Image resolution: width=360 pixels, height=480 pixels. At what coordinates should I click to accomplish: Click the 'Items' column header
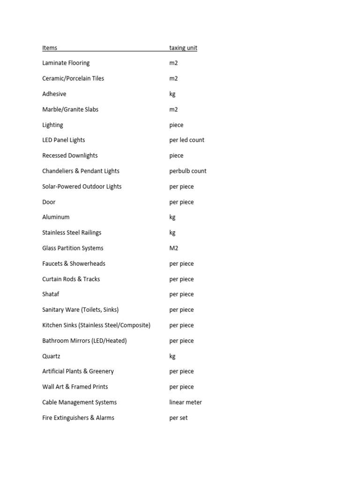[x=50, y=48]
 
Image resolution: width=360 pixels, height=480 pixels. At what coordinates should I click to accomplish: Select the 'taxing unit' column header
[x=183, y=48]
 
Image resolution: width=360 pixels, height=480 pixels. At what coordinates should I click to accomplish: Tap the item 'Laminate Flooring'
[x=66, y=63]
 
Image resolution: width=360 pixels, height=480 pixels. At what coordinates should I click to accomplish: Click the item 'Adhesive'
[x=54, y=94]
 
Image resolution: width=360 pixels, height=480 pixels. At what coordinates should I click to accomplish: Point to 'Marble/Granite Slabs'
[x=70, y=109]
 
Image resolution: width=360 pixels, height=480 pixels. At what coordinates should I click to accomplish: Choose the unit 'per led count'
[x=187, y=140]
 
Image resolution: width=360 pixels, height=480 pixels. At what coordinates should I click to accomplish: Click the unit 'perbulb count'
[x=187, y=171]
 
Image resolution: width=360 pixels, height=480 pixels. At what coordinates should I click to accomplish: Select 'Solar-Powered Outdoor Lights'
[x=82, y=187]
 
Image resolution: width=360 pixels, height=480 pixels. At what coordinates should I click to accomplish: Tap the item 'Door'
[x=49, y=202]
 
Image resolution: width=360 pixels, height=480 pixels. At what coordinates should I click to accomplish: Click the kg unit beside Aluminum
[x=172, y=217]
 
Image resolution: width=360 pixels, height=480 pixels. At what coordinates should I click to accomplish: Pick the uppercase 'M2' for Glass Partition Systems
[x=174, y=248]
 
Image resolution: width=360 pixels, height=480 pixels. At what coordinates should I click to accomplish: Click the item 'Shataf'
[x=51, y=294]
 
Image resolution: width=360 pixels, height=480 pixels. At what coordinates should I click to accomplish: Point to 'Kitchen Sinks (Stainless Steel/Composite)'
[x=96, y=325]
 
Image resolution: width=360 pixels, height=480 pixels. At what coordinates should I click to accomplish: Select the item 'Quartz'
[x=51, y=356]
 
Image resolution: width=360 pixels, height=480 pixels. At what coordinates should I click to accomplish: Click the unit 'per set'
[x=178, y=418]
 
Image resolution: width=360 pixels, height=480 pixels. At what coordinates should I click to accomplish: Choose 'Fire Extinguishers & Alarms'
[x=78, y=418]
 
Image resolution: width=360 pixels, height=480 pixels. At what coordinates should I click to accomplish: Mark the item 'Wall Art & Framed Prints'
[x=75, y=387]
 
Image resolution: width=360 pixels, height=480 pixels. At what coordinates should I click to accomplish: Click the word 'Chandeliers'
[x=57, y=171]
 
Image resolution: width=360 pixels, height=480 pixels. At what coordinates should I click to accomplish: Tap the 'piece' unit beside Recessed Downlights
[x=176, y=156]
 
